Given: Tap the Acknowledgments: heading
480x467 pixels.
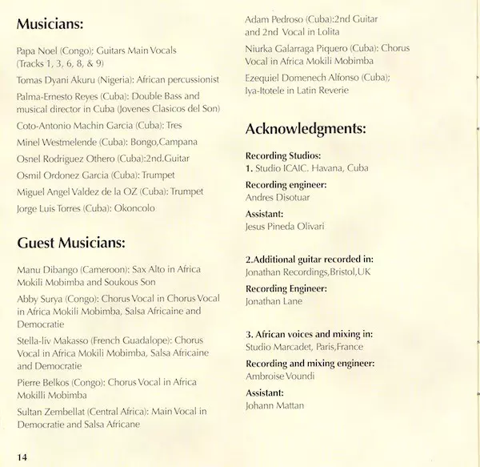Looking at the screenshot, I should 306,128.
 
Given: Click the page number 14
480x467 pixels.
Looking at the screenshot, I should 21,457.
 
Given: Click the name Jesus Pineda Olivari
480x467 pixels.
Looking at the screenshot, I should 285,227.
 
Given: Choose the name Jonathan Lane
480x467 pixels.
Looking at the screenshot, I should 274,301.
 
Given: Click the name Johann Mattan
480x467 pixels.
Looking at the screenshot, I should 276,406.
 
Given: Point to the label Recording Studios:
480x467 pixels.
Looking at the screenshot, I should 283,155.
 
